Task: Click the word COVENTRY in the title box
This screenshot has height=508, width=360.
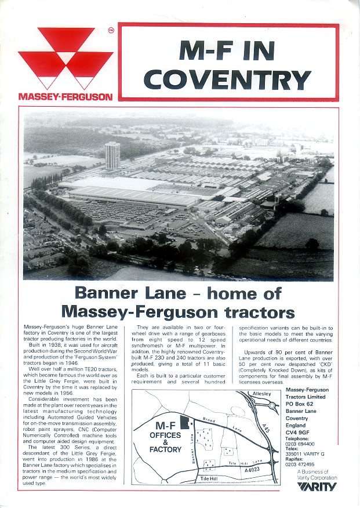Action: point(227,79)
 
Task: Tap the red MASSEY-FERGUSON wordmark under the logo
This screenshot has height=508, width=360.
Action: point(66,97)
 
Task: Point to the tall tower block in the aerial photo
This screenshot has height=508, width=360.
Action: point(112,155)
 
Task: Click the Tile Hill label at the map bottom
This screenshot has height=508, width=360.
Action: point(212,478)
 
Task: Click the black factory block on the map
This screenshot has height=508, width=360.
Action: point(184,423)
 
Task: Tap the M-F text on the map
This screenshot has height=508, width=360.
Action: point(165,423)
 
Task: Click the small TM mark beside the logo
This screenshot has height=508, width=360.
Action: point(111,30)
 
